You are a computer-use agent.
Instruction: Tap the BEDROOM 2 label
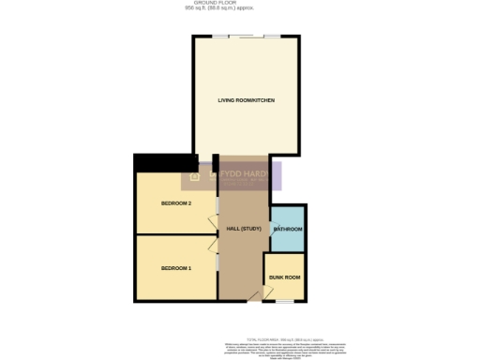[x=176, y=203]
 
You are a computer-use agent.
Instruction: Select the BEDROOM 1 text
[x=176, y=269]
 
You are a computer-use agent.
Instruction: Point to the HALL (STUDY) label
[x=244, y=230]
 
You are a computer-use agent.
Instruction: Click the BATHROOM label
[x=288, y=230]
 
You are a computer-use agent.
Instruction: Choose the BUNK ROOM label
[x=285, y=277]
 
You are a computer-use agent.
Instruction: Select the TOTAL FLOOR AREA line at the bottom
[x=284, y=338]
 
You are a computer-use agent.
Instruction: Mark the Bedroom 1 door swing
[x=212, y=242]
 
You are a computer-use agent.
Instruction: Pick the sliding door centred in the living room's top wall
[x=247, y=37]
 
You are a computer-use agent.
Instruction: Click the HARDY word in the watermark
[x=254, y=173]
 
